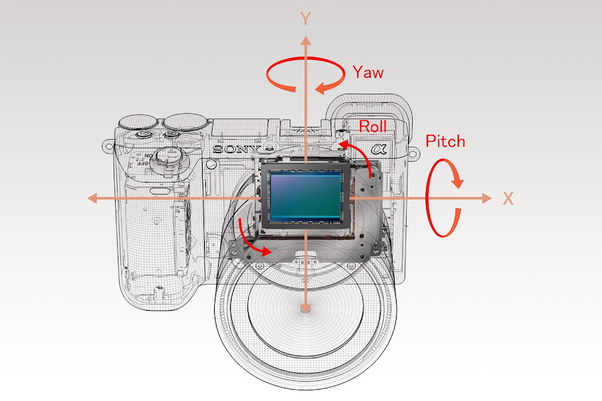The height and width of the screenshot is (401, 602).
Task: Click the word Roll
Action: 373,125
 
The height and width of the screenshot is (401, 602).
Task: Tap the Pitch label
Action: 445,141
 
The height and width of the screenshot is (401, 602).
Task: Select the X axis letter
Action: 508,198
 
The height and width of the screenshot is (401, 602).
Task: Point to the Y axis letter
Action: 306,18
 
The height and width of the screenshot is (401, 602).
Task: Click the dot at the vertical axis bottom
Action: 306,308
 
